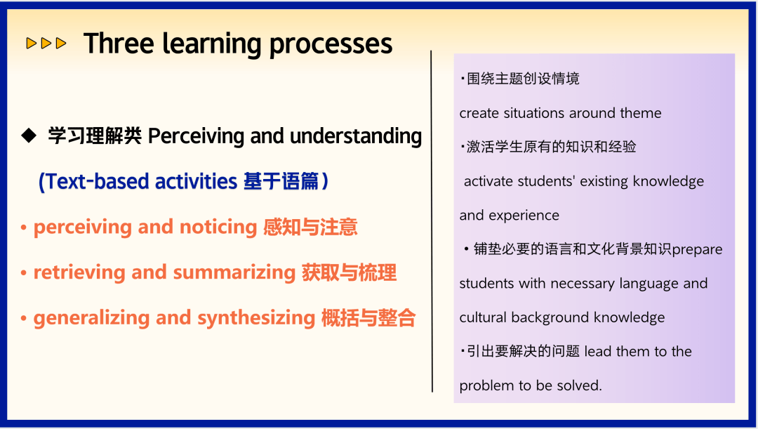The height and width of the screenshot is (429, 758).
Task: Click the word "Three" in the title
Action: [x=119, y=44]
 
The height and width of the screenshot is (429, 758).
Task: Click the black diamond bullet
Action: [x=29, y=136]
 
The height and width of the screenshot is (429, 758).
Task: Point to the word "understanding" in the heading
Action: [x=356, y=136]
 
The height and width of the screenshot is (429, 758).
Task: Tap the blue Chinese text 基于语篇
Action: [x=281, y=182]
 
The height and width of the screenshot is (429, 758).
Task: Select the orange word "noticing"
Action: [x=218, y=227]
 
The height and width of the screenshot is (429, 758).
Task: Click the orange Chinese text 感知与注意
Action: [x=310, y=227]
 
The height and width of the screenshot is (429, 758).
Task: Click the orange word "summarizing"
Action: [x=234, y=272]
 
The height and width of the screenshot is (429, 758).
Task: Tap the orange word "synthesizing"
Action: [x=256, y=318]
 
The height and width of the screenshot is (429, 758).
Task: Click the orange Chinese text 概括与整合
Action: [x=368, y=318]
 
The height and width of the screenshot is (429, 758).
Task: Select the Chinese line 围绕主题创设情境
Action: [x=523, y=79]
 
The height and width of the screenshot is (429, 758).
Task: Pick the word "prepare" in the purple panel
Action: [x=697, y=250]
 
